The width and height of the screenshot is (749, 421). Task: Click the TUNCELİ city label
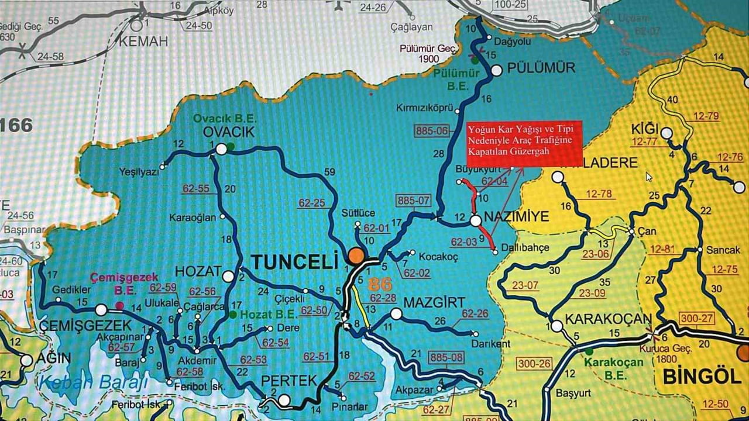296,261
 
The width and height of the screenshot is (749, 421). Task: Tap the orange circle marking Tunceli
355,256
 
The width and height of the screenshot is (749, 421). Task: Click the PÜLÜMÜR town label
541,67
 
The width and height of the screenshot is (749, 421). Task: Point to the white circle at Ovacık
221,149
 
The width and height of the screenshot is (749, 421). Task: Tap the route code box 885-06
431,131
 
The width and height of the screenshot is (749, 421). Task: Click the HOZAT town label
198,271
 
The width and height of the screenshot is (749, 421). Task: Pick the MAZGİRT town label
435,303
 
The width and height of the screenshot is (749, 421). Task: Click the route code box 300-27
696,318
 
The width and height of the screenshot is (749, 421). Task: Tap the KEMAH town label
143,41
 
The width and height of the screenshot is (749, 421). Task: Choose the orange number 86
380,285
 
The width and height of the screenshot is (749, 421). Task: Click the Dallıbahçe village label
525,248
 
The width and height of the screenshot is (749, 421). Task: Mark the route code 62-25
311,203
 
